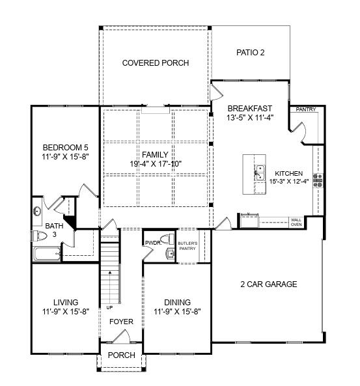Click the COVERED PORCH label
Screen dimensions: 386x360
tap(156, 63)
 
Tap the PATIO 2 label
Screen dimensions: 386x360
tap(249, 53)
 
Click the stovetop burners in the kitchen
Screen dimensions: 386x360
tap(318, 180)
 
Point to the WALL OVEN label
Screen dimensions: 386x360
tap(296, 222)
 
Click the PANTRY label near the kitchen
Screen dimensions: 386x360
tap(305, 109)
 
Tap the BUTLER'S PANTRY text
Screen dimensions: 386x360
tap(187, 245)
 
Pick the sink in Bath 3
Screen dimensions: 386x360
tap(37, 212)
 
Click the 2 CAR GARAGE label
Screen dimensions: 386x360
tap(268, 284)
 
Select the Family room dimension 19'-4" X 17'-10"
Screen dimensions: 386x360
tap(155, 164)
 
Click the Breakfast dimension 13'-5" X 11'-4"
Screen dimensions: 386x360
tap(249, 118)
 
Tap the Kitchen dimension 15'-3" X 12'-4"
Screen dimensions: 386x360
tap(286, 182)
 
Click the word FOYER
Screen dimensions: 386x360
tap(121, 322)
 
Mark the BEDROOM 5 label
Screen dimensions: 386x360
tap(65, 146)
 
